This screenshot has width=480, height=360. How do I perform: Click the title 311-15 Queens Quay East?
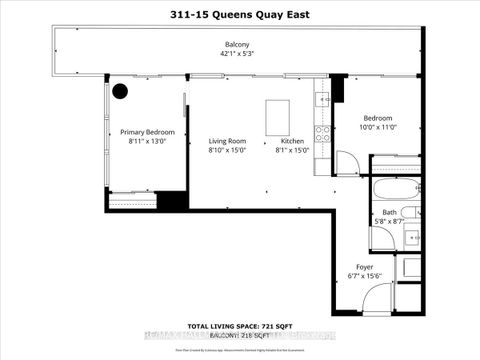[x=239, y=13]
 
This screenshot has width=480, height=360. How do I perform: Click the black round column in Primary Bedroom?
[x=120, y=91]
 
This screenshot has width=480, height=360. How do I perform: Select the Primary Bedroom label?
[x=147, y=132]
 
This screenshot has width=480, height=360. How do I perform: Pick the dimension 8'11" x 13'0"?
[x=147, y=141]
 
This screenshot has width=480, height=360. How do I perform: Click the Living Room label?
[x=228, y=141]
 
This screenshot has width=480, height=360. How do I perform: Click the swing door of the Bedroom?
[x=346, y=163]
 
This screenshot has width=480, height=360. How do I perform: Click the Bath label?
[x=389, y=212]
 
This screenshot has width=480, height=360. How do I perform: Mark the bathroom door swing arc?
[x=382, y=238]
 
